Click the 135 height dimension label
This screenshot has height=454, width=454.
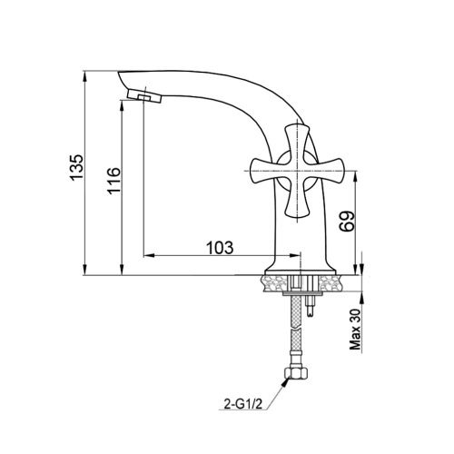pos(76,168)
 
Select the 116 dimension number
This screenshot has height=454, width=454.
pos(113,181)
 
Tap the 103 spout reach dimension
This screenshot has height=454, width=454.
pos(220,248)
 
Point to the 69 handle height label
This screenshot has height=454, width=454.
pos(347,222)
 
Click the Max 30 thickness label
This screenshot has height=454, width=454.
pos(356,330)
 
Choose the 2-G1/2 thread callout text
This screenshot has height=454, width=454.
pos(242,404)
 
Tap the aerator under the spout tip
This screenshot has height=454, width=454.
pos(144,96)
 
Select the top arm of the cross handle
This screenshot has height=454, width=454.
pos(297,143)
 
